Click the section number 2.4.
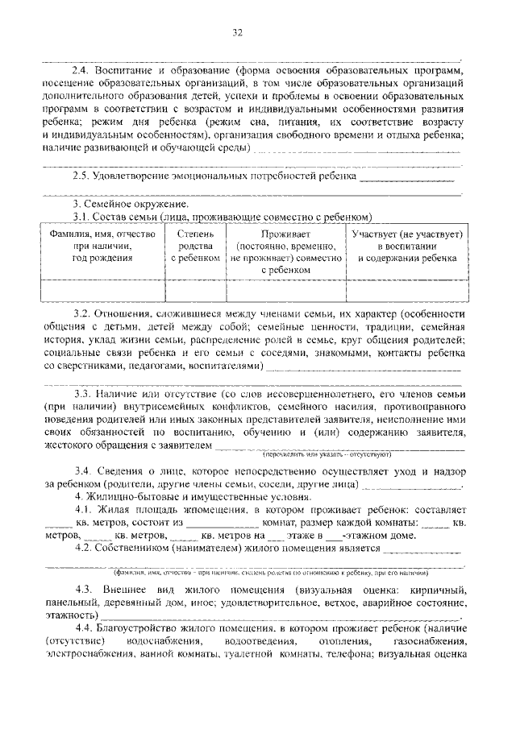point(82,71)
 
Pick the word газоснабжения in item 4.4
point(431,641)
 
